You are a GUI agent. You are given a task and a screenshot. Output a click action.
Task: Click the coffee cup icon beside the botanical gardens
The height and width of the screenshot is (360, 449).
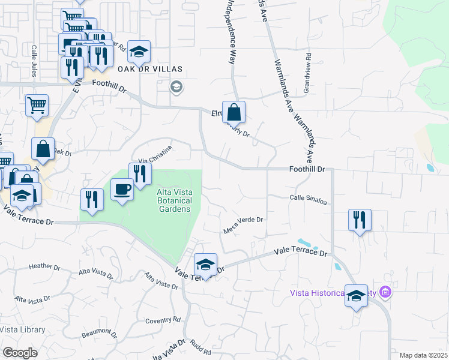[123, 190]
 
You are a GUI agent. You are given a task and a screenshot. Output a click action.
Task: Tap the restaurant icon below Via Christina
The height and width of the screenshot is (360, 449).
[140, 174]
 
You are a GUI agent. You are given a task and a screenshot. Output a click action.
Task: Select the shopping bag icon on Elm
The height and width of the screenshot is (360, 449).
[234, 112]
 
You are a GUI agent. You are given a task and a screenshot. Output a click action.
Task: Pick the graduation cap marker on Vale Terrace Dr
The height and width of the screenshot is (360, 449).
[205, 265]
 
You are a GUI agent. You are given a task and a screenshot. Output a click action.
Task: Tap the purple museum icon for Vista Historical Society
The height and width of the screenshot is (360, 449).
[385, 293]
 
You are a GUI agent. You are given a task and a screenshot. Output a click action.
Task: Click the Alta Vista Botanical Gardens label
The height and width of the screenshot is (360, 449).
[173, 200]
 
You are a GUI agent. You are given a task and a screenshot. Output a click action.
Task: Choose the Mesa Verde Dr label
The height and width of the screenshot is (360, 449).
[243, 223]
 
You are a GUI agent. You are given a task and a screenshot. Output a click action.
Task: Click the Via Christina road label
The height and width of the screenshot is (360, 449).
[155, 154]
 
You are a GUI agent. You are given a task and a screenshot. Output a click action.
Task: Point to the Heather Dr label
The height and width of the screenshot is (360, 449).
[45, 266]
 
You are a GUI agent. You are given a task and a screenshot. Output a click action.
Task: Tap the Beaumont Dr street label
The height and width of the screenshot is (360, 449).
[100, 332]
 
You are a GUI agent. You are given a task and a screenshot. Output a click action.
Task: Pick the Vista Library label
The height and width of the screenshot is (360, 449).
[22, 329]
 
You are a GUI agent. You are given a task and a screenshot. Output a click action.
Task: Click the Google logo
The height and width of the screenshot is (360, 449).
[20, 353]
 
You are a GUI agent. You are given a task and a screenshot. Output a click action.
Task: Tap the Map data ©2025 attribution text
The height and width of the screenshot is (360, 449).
[423, 355]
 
